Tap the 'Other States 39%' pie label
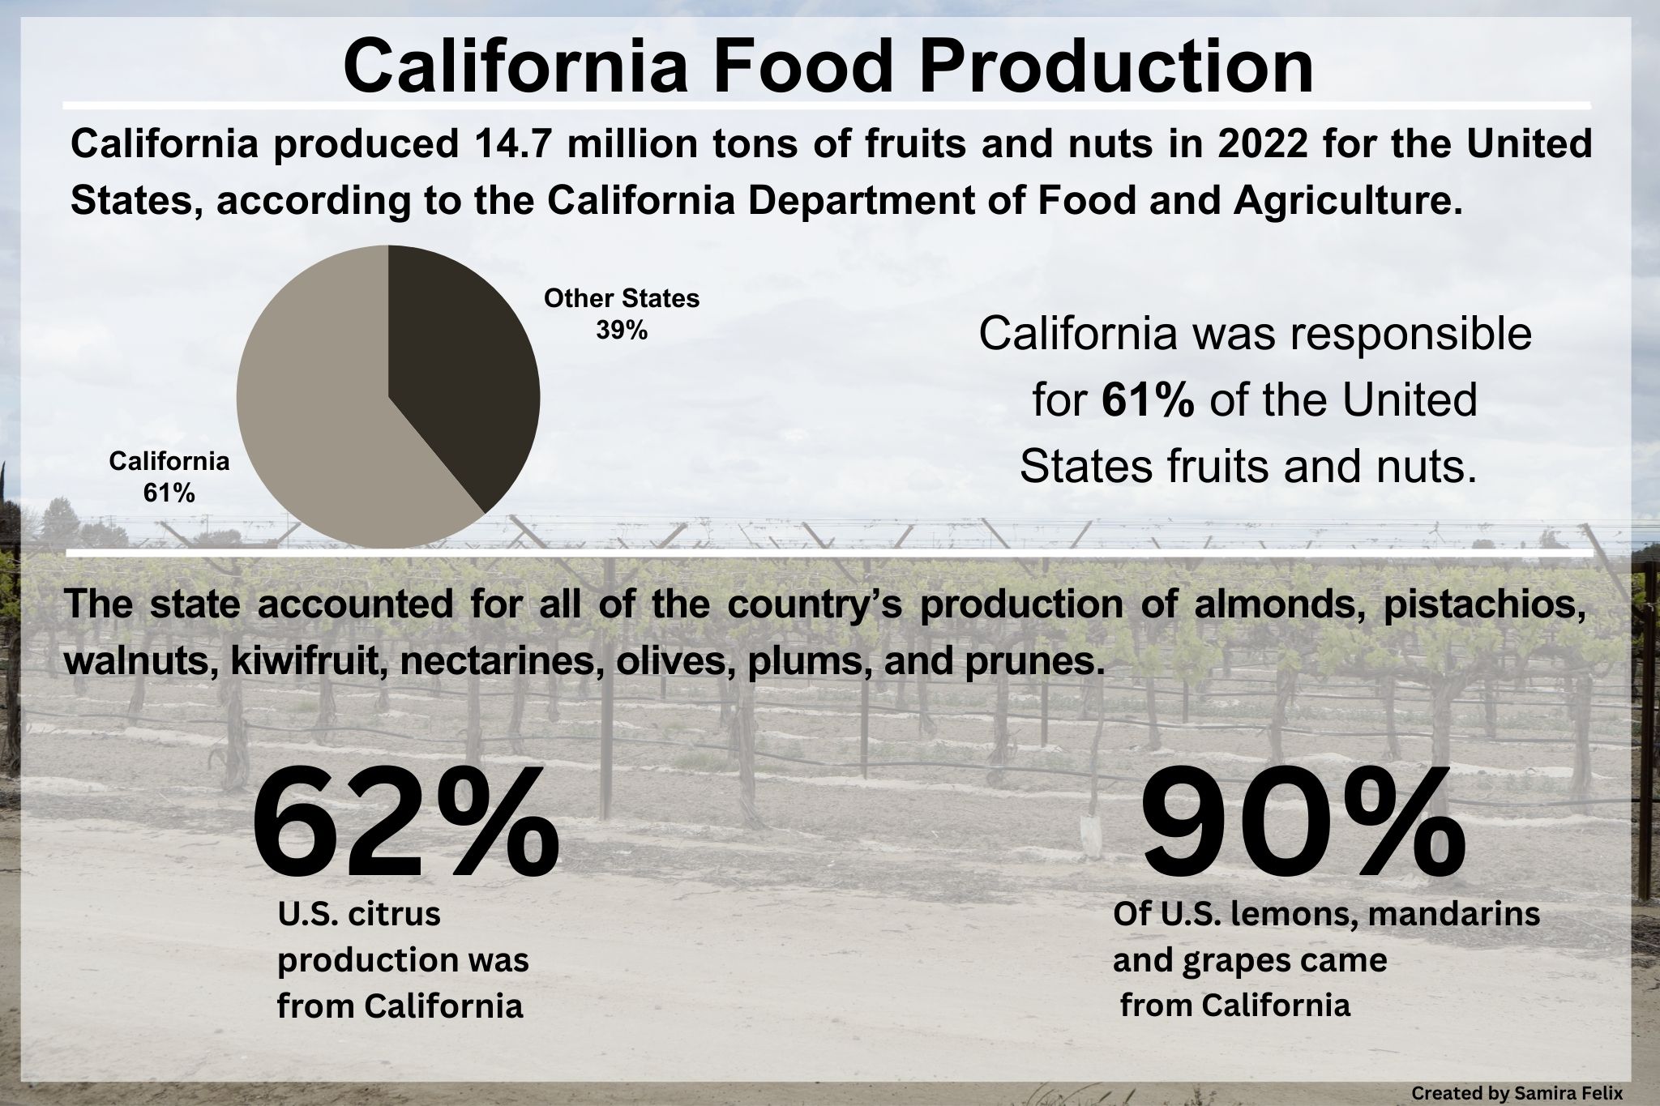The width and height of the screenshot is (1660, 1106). pos(622,314)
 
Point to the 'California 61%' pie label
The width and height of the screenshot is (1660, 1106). pos(169,476)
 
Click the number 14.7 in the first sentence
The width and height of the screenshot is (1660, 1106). pos(502,146)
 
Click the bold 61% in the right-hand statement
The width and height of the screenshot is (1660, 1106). pos(1148,400)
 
